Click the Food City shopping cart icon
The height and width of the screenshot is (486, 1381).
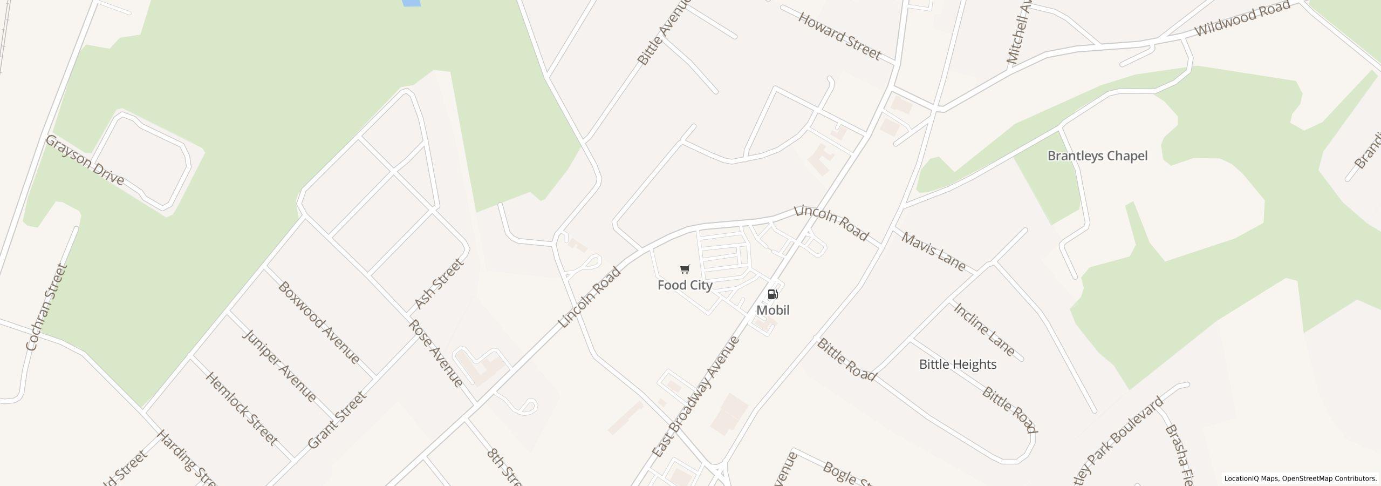(x=685, y=269)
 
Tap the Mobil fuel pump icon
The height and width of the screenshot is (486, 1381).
(x=772, y=294)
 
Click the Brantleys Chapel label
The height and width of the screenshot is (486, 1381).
(x=1097, y=156)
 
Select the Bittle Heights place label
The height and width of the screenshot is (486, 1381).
(x=958, y=364)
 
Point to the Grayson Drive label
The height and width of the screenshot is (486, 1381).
(x=85, y=160)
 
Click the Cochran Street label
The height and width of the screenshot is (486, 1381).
(x=47, y=307)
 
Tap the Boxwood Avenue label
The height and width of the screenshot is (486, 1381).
(x=318, y=322)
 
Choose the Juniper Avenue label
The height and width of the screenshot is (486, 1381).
(x=279, y=366)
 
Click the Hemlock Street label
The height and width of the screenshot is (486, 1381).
(x=241, y=409)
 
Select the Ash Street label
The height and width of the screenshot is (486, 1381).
(x=439, y=283)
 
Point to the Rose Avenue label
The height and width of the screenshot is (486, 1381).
(x=436, y=353)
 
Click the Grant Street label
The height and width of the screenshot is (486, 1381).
(x=337, y=420)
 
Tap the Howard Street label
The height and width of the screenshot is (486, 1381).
(x=839, y=36)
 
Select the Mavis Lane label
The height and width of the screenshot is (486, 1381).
(x=933, y=252)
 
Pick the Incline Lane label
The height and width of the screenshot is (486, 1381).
(x=984, y=329)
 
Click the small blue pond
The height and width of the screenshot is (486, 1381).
(x=411, y=3)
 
